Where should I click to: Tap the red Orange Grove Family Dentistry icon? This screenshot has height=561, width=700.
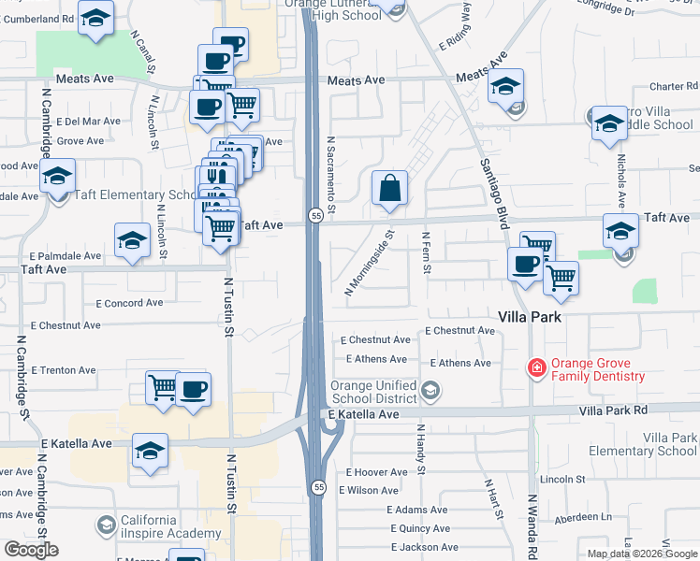[x=537, y=368]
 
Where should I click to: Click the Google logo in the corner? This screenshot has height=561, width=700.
[x=31, y=550]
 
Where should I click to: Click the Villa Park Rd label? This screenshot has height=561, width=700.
[x=613, y=410]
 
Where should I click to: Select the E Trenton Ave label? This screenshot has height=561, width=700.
[x=63, y=369]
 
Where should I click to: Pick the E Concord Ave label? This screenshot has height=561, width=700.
[x=129, y=303]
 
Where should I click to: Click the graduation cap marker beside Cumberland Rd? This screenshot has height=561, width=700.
[x=95, y=19]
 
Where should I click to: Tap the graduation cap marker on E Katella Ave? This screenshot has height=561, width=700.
[x=150, y=451]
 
